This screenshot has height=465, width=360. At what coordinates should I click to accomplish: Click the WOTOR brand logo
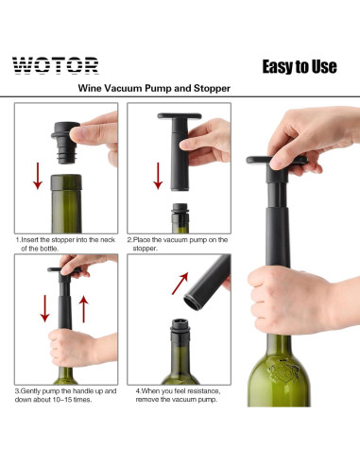(55, 65)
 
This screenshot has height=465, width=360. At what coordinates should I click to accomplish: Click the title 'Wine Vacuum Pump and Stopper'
(155, 89)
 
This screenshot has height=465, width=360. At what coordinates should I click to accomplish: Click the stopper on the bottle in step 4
(179, 332)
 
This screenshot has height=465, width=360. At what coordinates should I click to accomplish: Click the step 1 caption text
(64, 244)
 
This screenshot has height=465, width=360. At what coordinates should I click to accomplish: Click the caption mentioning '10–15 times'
(64, 394)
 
